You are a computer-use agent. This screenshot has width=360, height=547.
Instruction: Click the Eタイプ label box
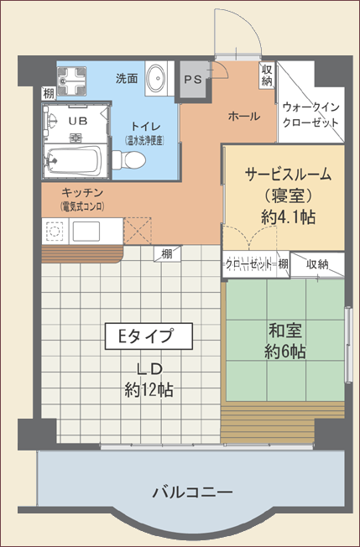[x=149, y=336]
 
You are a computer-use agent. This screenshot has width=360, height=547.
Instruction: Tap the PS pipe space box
[x=193, y=80]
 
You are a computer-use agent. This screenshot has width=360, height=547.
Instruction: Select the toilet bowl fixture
[x=128, y=160]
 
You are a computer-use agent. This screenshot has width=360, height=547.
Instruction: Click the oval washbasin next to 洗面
[x=155, y=79]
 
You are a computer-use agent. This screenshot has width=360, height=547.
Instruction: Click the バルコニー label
[x=192, y=492]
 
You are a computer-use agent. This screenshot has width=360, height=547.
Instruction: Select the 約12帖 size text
[x=149, y=389]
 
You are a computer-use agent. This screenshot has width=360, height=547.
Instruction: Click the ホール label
[x=244, y=116]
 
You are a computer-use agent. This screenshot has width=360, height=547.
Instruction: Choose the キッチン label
[x=82, y=193]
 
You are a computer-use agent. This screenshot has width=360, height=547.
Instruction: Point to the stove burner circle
[x=54, y=232]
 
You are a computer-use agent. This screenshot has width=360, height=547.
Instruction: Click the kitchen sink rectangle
[x=86, y=231]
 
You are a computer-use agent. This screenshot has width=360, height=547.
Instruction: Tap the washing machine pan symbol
[x=71, y=81]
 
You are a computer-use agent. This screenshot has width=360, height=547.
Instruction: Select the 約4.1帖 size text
[x=288, y=217]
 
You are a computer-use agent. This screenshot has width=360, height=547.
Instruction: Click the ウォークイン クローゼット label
[x=310, y=115]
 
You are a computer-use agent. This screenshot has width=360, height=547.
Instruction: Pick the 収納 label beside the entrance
[x=267, y=75]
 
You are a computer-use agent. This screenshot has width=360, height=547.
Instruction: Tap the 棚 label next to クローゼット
[x=283, y=264]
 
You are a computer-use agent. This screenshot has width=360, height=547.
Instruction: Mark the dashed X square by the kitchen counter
[x=138, y=231]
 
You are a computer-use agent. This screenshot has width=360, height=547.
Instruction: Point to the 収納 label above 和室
[x=317, y=265]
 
